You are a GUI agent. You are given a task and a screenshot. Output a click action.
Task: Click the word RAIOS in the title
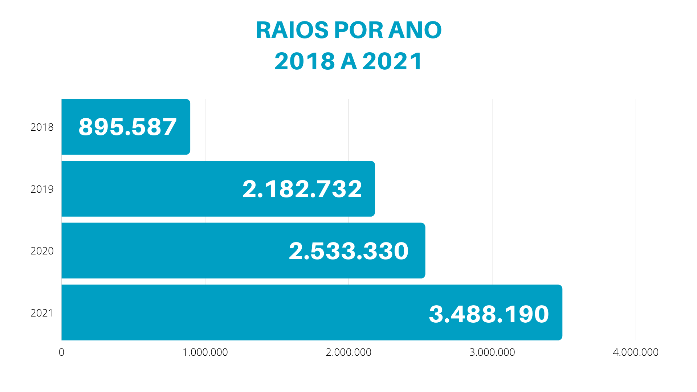[292, 30]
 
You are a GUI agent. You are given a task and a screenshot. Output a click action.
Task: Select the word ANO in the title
[415, 30]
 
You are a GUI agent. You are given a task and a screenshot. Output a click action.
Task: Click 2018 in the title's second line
[305, 61]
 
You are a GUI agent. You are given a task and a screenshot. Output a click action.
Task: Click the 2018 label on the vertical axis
[42, 127]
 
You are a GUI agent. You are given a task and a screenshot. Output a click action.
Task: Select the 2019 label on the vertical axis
[42, 189]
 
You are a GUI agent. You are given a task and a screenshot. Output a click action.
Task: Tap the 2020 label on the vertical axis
[42, 251]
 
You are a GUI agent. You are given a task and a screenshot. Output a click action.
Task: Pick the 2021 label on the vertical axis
[42, 313]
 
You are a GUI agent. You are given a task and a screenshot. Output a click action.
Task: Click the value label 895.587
[127, 127]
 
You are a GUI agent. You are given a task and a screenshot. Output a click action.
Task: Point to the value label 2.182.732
[302, 189]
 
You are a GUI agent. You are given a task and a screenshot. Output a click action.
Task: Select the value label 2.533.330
[348, 251]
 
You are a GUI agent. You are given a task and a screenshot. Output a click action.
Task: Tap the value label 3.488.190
[489, 314]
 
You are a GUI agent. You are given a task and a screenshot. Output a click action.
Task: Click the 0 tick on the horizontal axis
[61, 352]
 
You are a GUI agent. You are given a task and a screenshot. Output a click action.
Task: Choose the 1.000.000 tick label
[205, 352]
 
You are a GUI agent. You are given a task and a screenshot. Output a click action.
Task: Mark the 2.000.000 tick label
[348, 352]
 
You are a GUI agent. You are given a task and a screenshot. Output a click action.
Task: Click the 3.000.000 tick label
[492, 352]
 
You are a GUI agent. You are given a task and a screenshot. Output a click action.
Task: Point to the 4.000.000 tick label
[635, 352]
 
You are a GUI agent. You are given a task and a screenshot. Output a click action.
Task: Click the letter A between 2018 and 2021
[348, 61]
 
